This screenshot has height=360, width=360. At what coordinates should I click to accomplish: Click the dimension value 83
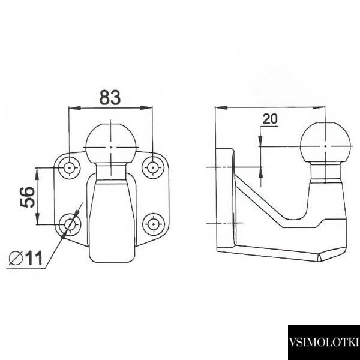tap(110, 97)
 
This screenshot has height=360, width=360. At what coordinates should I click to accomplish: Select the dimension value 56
tap(28, 197)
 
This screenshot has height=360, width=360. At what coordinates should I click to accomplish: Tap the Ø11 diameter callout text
tap(25, 258)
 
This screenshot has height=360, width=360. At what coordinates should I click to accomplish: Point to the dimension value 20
tap(270, 119)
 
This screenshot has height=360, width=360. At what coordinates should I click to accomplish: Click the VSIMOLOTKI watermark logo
tap(324, 342)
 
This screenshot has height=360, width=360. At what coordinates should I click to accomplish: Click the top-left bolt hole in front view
tap(70, 168)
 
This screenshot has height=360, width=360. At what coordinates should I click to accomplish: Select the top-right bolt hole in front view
tap(153, 167)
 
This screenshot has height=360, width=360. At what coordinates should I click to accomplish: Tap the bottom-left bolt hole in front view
tap(70, 224)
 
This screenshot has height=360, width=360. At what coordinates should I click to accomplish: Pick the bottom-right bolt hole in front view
tap(153, 224)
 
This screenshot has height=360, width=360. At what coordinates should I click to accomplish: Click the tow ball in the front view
tap(110, 144)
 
